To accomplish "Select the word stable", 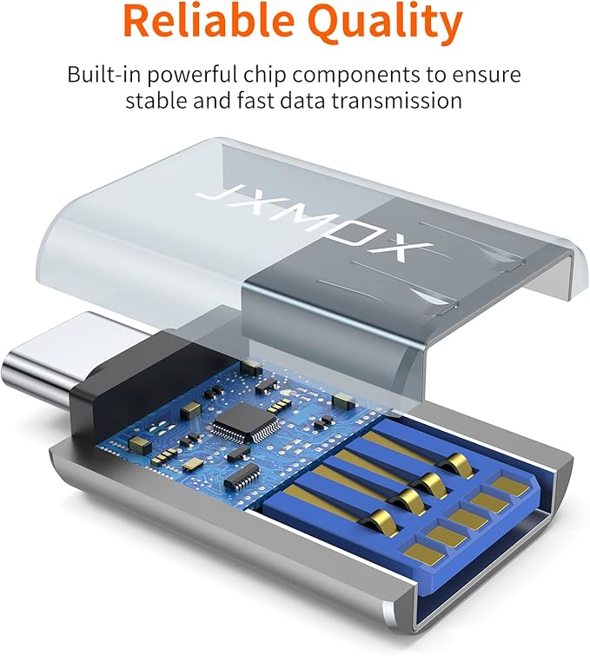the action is pos(156,101).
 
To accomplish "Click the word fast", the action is pos(255,101).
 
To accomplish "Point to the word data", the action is pos(302,101).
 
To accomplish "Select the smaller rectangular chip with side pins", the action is pos(242,476).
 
